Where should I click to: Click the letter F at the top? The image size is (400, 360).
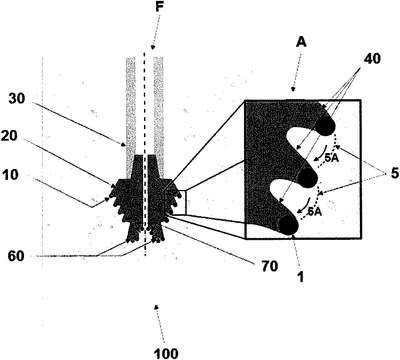tap(160, 8)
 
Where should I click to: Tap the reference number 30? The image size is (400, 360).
tap(16, 99)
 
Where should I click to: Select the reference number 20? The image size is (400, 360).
tap(9, 136)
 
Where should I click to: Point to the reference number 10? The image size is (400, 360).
tap(10, 174)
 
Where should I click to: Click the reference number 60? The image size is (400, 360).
tap(16, 257)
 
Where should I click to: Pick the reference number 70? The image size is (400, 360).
tap(269, 266)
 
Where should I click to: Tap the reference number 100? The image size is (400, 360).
tap(166, 353)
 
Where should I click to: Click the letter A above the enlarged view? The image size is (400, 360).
tap(301, 42)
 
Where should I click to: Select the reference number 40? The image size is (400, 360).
tap(372, 59)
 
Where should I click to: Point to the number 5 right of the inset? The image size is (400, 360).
tap(395, 173)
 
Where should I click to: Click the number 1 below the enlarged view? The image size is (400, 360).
tap(301, 277)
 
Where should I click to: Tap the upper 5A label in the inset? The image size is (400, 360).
tap(332, 159)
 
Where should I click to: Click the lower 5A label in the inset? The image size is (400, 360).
tap(314, 212)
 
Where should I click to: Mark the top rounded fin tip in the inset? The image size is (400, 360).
tap(325, 126)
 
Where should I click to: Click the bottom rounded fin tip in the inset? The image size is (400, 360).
tap(288, 225)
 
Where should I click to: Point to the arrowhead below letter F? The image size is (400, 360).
tap(153, 47)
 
